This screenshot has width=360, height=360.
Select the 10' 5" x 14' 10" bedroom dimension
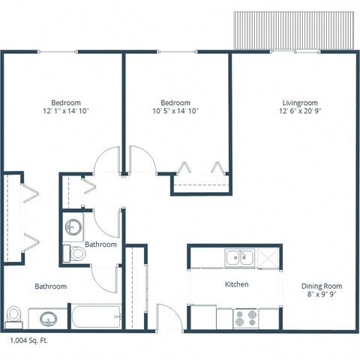point(175,112)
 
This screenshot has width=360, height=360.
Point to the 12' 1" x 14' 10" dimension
point(66,112)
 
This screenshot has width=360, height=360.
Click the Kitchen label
point(236,285)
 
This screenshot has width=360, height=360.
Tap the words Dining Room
point(322,286)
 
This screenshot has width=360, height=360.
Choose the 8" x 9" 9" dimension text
point(322,295)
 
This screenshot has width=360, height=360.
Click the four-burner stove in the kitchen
point(245,318)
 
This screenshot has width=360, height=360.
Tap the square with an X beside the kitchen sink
point(266,258)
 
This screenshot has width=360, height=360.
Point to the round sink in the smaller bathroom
point(73,226)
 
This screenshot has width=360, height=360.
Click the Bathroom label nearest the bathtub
point(51,286)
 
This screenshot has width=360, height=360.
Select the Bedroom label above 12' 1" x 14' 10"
point(66,103)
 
